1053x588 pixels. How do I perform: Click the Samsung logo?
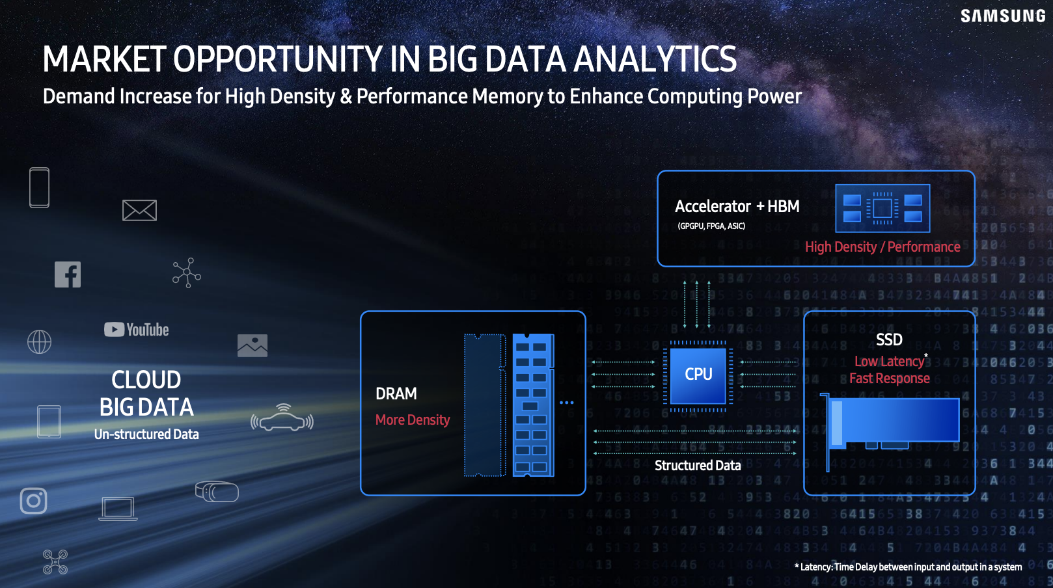(1002, 16)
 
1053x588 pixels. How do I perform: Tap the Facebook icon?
(68, 274)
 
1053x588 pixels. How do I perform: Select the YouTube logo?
(137, 330)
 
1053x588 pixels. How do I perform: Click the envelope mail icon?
(139, 210)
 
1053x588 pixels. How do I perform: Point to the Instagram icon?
(33, 501)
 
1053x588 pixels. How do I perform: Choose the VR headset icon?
(217, 492)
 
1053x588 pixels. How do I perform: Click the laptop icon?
(118, 509)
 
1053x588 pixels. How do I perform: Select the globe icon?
(39, 341)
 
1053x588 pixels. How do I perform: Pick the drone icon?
(55, 562)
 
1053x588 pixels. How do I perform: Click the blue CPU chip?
(698, 375)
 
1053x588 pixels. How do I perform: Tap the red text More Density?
(413, 420)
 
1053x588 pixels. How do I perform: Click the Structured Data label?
(698, 465)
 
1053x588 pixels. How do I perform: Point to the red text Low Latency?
(889, 362)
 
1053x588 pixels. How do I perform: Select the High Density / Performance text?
(882, 247)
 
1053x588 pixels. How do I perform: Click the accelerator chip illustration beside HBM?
(882, 208)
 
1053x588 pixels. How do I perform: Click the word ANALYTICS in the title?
(655, 59)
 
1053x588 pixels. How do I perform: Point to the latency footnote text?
(909, 567)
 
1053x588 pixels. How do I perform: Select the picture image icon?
(253, 345)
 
